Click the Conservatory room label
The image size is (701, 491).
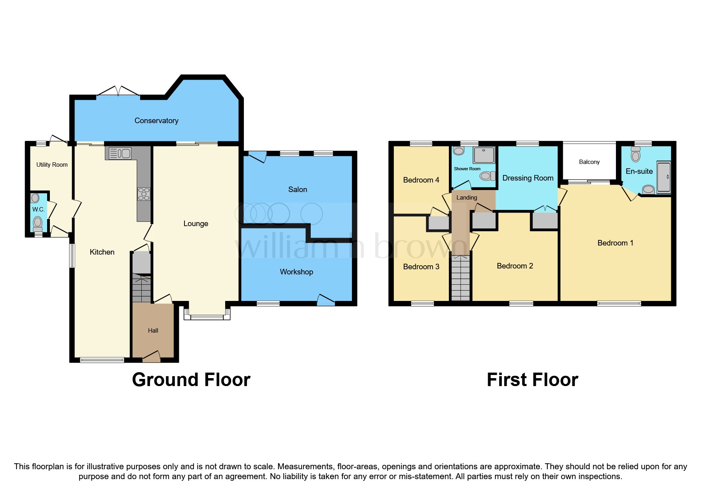(156, 121)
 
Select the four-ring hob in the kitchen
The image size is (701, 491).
(144, 194)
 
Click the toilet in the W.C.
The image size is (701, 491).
(38, 223)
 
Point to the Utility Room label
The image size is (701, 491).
(52, 165)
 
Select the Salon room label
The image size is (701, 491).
(297, 190)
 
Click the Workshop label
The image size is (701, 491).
(296, 272)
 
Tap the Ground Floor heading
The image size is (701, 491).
(191, 380)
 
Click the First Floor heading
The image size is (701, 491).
(532, 380)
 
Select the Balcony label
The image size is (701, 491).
(589, 162)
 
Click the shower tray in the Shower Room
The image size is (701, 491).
(484, 155)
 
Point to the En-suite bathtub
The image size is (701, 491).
(664, 177)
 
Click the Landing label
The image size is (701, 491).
(467, 198)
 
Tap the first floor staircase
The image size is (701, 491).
(460, 278)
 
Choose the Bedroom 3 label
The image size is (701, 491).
(421, 267)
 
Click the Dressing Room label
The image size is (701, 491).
(528, 178)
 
